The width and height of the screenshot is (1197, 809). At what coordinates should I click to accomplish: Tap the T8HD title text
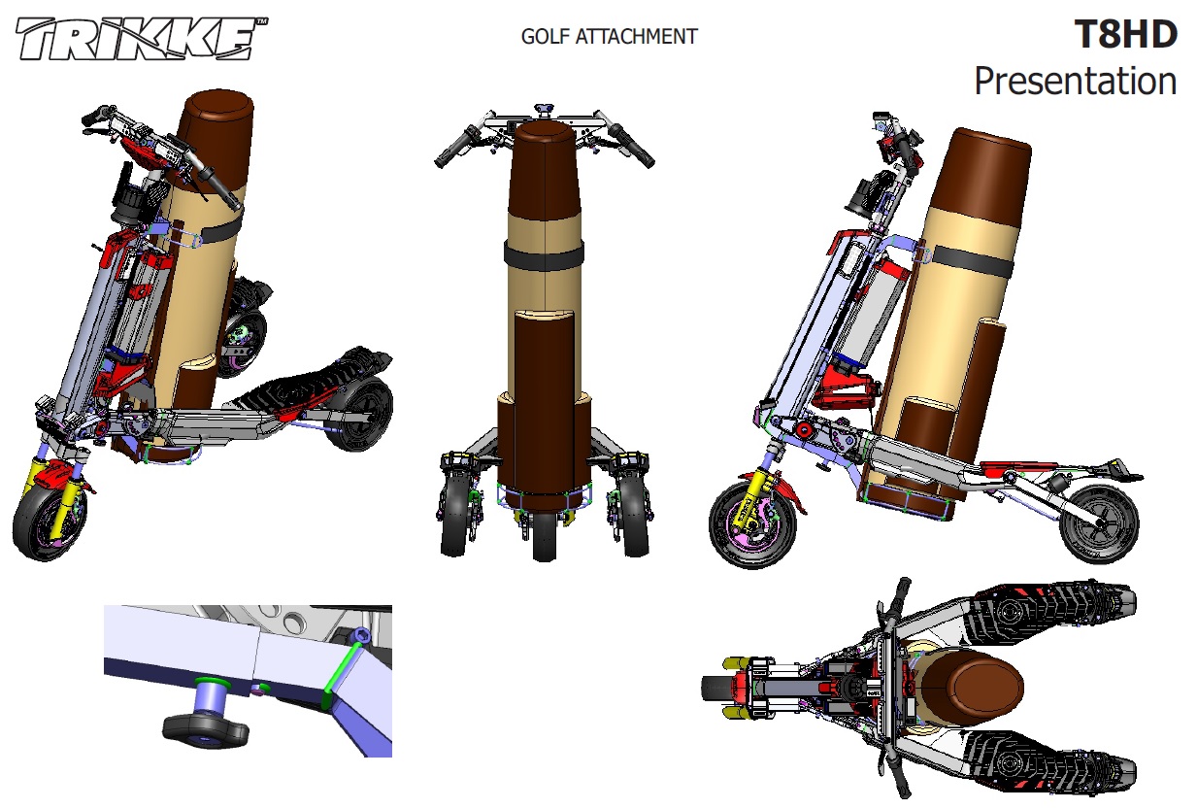pos(1125,35)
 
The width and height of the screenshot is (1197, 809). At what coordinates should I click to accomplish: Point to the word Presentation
pos(1075,81)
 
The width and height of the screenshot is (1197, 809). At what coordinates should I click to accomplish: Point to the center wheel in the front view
pos(545,535)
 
